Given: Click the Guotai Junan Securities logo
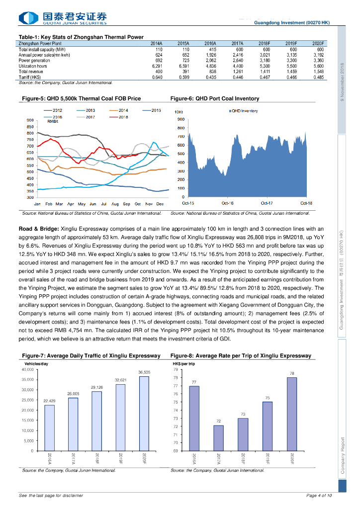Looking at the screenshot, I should click(63, 18).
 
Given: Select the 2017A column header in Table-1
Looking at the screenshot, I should click(237, 44).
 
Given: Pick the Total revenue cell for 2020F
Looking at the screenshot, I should click(318, 72).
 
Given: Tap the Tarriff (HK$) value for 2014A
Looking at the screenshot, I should click(157, 77).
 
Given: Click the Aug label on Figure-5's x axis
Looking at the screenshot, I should click(115, 204).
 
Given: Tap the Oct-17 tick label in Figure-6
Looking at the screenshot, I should click(267, 203).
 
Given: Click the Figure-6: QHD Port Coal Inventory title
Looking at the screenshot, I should click(214, 98).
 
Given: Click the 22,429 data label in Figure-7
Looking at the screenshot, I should click(49, 400).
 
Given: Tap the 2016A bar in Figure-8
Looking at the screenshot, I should click(194, 419).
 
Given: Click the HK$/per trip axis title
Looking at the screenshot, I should click(184, 364).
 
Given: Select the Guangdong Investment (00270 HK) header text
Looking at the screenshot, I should click(291, 23).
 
